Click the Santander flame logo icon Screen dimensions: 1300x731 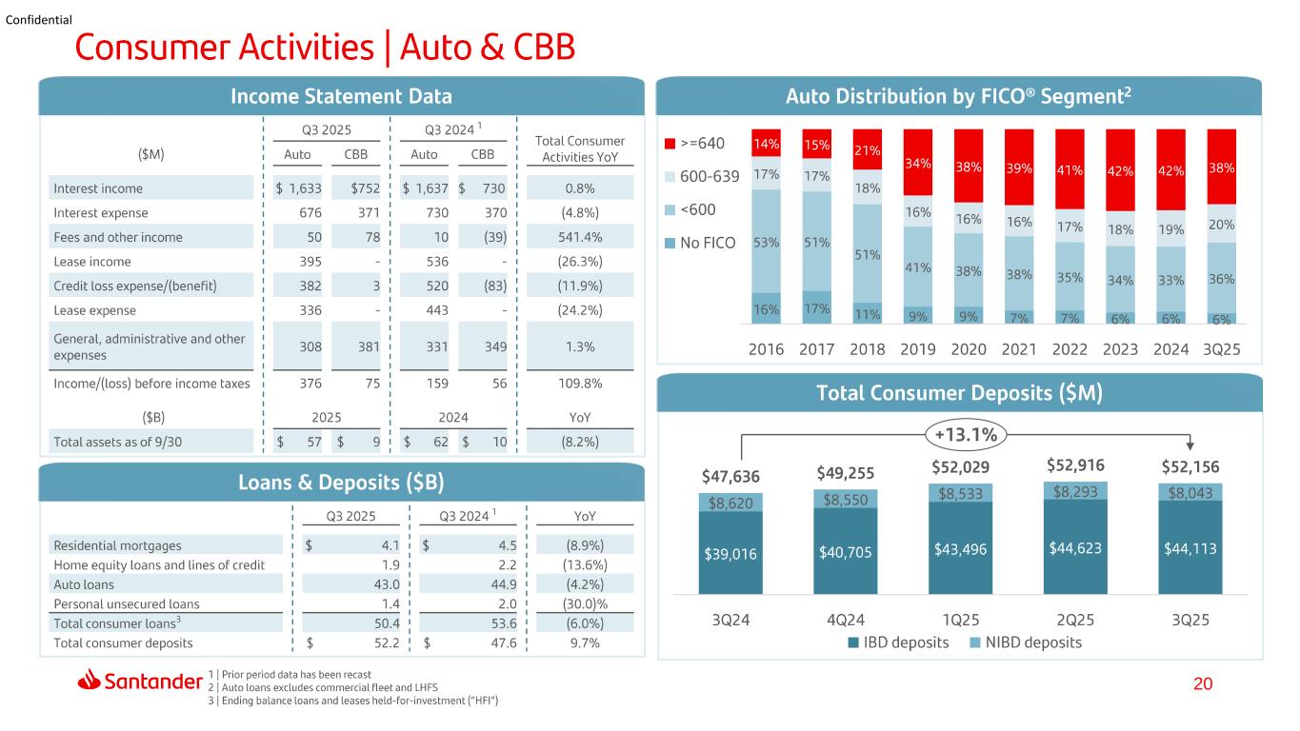(x=89, y=680)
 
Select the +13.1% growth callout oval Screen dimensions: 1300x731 (x=966, y=434)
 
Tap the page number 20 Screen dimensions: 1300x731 (x=1203, y=683)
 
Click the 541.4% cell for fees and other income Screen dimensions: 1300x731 (x=580, y=237)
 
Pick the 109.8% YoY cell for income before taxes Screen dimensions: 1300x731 (x=580, y=384)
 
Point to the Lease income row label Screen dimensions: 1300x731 (x=92, y=262)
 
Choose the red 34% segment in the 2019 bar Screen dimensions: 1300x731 (x=917, y=163)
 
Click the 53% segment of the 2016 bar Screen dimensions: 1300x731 (x=766, y=242)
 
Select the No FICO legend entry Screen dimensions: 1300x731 (x=700, y=243)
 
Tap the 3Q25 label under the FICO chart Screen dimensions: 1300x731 (x=1221, y=349)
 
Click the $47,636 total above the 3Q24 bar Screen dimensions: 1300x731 (x=730, y=476)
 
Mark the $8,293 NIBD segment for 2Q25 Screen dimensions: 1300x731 (x=1075, y=491)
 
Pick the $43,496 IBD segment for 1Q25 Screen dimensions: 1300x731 (x=960, y=548)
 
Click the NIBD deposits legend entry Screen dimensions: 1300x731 (x=1026, y=642)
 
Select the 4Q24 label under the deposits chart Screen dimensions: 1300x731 (x=845, y=621)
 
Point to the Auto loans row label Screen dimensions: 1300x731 (x=84, y=584)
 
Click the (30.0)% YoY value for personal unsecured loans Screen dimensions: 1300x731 (x=585, y=604)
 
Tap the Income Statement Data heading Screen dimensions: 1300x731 (x=341, y=96)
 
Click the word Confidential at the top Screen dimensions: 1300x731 (x=39, y=20)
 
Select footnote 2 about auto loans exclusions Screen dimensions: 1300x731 (x=323, y=687)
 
